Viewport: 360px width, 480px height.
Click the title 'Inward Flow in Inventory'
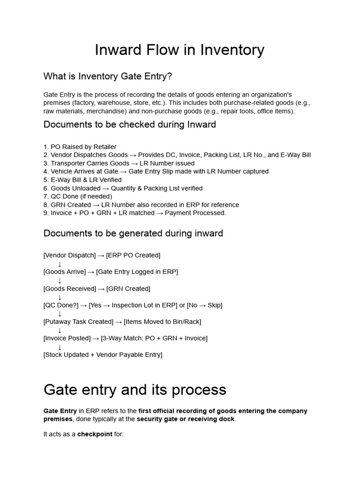(x=180, y=50)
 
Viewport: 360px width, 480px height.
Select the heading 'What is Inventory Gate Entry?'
(x=108, y=76)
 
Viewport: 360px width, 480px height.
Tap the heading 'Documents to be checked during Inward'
(x=129, y=125)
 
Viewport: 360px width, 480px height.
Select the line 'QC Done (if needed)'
(x=78, y=196)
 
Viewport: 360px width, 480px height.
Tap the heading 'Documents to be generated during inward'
(x=133, y=233)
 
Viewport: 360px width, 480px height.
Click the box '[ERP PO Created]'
(x=133, y=255)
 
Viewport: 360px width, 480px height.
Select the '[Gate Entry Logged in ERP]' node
(x=137, y=272)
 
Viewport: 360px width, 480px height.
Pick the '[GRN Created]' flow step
(x=128, y=289)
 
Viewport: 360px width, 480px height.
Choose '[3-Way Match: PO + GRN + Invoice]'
(x=154, y=338)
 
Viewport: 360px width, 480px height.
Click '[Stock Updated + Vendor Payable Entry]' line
(x=103, y=355)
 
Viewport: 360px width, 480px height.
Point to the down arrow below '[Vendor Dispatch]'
(x=60, y=264)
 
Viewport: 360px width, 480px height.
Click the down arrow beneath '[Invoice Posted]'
(x=60, y=347)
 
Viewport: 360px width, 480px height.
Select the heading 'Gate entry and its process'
(x=135, y=390)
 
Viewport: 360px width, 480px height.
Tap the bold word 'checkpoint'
(x=95, y=434)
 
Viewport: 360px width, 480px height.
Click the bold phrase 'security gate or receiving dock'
(x=186, y=419)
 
